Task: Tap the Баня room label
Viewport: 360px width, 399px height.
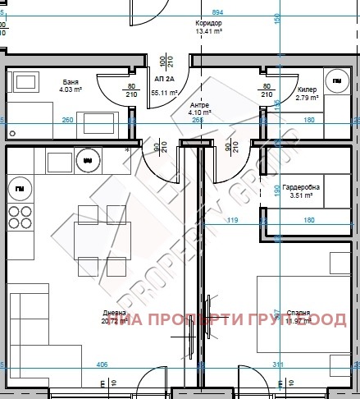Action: tap(71, 82)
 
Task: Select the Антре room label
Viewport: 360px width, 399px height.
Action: tap(200, 105)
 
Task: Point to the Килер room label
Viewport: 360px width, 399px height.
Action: tap(307, 89)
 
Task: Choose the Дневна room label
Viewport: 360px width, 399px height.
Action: tap(113, 313)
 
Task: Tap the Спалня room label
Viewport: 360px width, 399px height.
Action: tap(298, 313)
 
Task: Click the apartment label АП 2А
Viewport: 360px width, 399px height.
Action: tap(163, 78)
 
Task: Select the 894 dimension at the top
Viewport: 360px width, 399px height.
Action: tap(217, 13)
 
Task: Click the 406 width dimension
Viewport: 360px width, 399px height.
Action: tap(103, 364)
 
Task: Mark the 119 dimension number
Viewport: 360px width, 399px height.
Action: tap(232, 220)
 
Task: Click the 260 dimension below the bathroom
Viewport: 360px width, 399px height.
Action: tap(67, 121)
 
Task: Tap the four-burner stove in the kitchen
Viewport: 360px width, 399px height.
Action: tap(20, 219)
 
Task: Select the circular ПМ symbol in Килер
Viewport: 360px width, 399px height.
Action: tap(337, 80)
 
